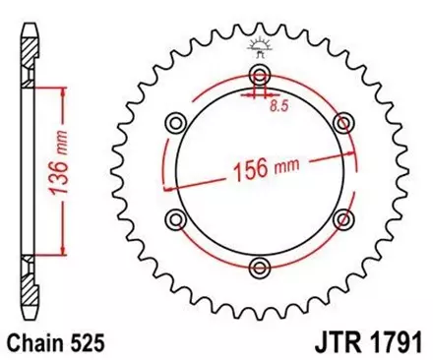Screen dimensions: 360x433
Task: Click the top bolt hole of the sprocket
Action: tap(260, 77)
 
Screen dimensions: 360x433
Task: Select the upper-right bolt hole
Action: tap(343, 122)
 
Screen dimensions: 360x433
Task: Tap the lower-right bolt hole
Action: tap(343, 217)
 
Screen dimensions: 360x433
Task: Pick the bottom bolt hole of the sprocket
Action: tap(260, 265)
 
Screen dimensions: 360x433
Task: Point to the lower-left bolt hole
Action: tap(177, 217)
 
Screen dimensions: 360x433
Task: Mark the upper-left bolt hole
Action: tap(177, 122)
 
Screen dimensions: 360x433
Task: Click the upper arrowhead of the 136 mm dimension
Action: tap(64, 89)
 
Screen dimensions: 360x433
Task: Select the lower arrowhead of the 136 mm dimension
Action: tap(64, 252)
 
